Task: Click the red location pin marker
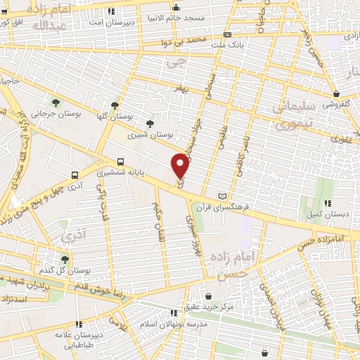click(x=181, y=166)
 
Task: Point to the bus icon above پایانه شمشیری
click(x=120, y=161)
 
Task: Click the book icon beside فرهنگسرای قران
click(x=224, y=195)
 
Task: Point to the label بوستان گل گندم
click(x=67, y=270)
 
